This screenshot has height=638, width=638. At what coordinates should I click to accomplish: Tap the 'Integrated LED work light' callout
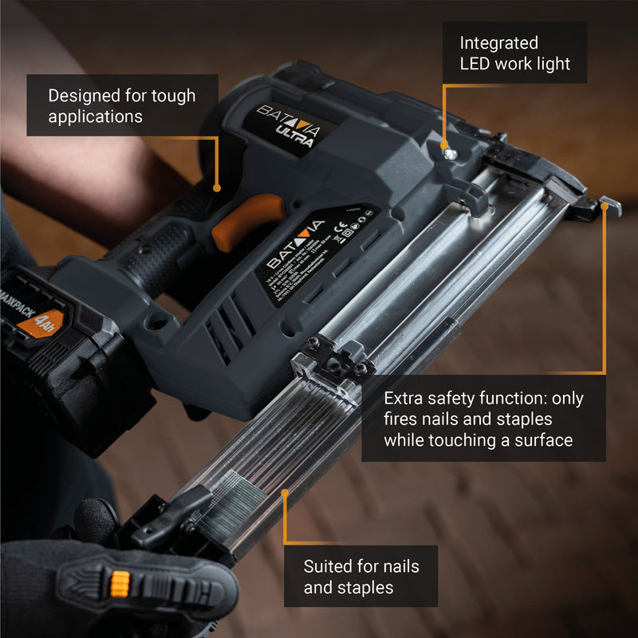click(515, 53)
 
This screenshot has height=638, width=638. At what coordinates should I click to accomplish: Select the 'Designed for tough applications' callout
click(121, 105)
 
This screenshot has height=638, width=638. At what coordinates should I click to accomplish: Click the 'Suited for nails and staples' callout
click(360, 577)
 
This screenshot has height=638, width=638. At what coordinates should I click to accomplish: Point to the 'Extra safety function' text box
click(483, 419)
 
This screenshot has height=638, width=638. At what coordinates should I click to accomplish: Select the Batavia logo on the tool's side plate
click(295, 244)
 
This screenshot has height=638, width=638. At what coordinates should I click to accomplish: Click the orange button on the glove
click(120, 582)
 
